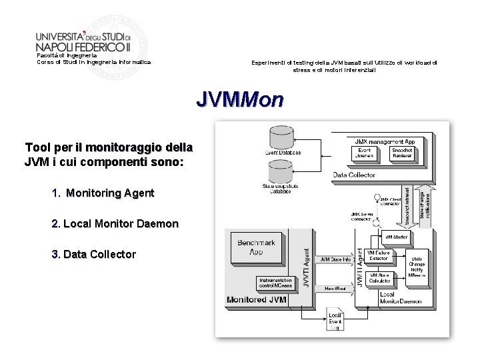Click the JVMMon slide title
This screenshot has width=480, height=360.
click(240, 100)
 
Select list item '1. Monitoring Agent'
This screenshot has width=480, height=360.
click(103, 193)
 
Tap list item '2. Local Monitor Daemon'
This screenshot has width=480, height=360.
click(115, 224)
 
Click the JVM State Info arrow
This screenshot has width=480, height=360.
click(336, 259)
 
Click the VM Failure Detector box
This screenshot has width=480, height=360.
click(379, 257)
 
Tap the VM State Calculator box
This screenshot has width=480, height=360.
click(379, 278)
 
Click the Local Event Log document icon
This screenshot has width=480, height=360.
click(335, 321)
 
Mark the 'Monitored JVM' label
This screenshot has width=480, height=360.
click(257, 300)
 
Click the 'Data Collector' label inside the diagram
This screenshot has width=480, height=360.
click(354, 175)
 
